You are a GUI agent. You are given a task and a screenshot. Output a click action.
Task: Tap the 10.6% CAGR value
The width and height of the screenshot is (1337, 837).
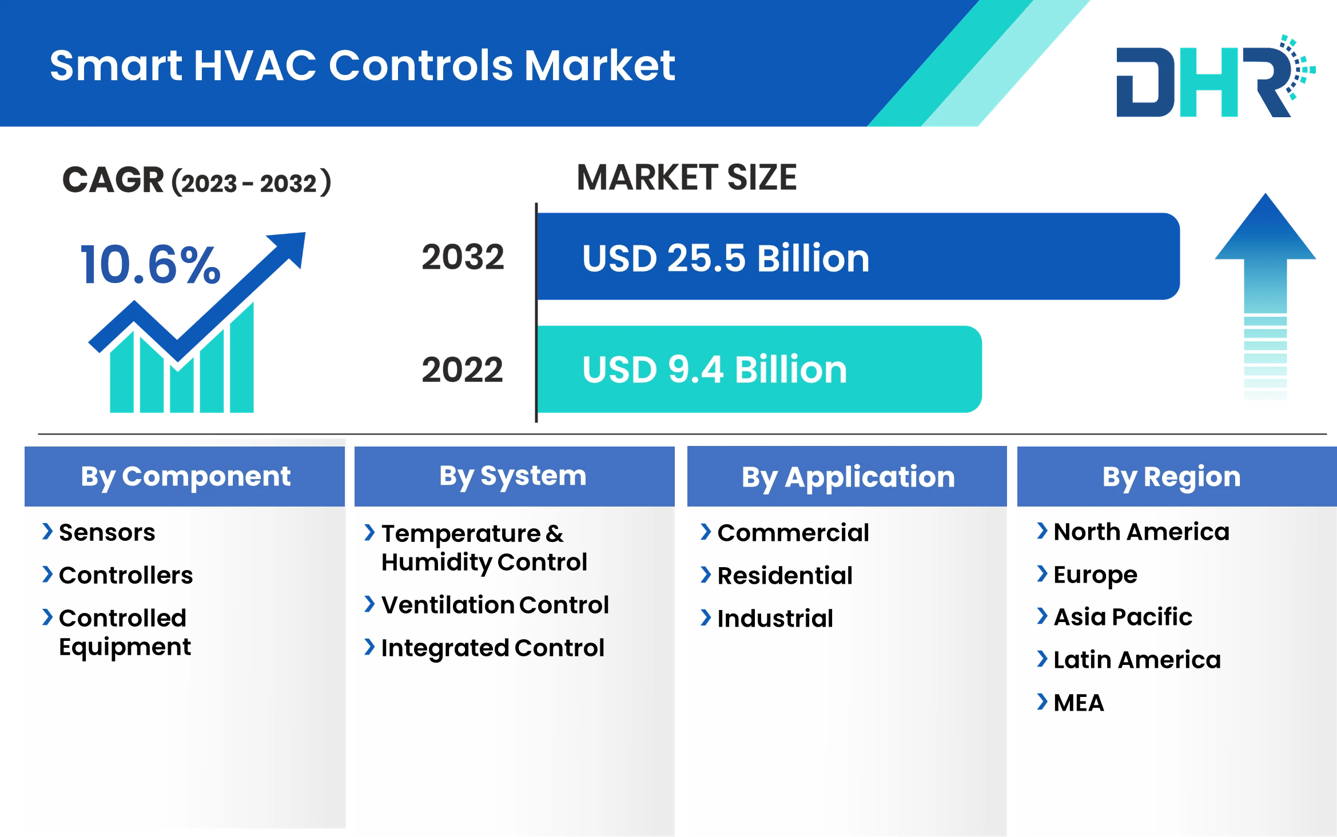click(x=150, y=265)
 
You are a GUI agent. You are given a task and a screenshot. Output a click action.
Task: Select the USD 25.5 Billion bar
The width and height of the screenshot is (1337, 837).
click(x=858, y=257)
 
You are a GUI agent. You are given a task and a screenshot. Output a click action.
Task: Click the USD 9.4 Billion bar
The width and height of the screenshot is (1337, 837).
click(x=759, y=369)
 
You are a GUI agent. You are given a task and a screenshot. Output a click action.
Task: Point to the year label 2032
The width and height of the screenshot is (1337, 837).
click(x=463, y=257)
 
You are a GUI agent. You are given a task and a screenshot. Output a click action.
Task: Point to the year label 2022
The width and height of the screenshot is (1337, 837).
click(x=462, y=369)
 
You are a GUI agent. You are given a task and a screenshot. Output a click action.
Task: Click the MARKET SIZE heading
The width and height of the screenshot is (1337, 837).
click(x=686, y=177)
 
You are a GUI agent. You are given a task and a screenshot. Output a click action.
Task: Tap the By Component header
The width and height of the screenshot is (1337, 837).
click(x=185, y=477)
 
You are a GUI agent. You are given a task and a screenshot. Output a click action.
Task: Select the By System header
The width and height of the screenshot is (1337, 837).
click(x=513, y=476)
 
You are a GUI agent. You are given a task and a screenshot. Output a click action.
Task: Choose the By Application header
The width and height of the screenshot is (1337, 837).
click(x=847, y=477)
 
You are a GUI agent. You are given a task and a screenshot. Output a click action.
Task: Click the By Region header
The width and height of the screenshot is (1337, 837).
click(x=1171, y=477)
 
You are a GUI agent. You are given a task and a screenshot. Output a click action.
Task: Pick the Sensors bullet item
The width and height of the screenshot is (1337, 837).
click(x=107, y=532)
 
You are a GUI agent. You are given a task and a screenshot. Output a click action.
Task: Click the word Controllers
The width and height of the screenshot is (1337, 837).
click(x=126, y=575)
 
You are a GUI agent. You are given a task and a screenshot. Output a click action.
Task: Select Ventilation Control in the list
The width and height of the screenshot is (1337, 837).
click(x=495, y=605)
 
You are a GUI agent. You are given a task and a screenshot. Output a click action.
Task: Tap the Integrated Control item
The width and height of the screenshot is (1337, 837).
click(x=492, y=648)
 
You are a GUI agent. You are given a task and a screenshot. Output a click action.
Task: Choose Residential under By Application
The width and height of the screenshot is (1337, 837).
click(x=785, y=575)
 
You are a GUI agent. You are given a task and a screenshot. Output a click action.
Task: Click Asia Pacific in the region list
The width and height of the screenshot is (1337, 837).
click(x=1123, y=617)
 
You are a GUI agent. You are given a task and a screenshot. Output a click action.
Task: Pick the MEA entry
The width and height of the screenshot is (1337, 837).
click(x=1079, y=703)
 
